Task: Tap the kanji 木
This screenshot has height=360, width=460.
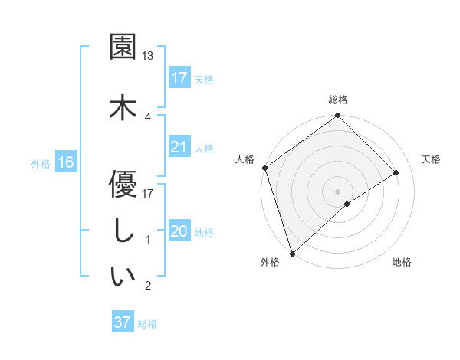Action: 123,106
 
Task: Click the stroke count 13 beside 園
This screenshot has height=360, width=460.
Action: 148,56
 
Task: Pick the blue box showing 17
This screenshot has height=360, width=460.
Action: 179,78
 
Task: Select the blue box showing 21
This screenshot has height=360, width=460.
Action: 179,147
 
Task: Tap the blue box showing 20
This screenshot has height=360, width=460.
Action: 179,231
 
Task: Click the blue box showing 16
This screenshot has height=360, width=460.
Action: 66,162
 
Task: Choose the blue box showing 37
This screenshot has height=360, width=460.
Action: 123,322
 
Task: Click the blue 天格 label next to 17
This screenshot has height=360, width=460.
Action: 204,80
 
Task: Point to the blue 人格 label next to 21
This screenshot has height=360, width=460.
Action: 204,149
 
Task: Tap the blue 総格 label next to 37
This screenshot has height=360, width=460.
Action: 147,324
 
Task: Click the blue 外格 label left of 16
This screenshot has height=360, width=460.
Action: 41,163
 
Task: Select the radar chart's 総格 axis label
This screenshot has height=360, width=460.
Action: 338,100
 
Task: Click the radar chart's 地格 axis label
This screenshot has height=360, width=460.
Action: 402,263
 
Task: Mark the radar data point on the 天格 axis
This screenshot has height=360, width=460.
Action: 396,172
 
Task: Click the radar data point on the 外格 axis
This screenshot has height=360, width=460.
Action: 291,253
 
